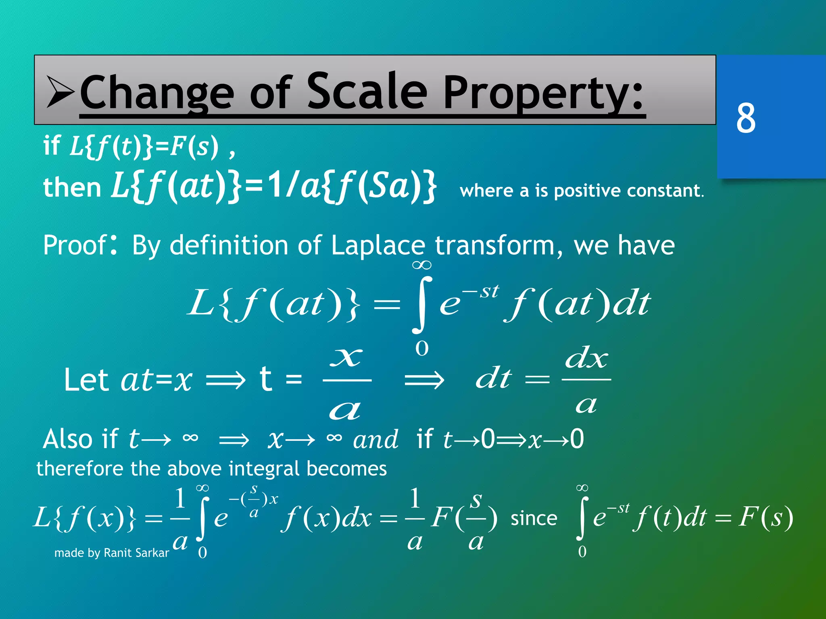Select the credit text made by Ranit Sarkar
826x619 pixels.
(112, 553)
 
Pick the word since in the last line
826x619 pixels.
(534, 518)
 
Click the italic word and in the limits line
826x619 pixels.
(375, 440)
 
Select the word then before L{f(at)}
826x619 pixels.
(72, 188)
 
